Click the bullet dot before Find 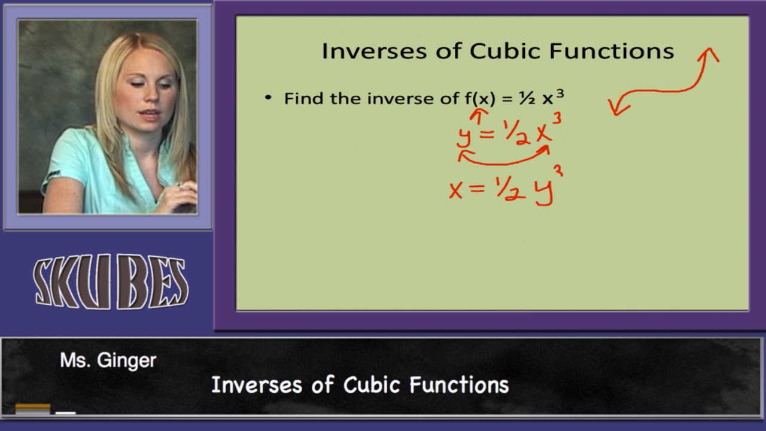coord(268,98)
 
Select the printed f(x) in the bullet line coord(480,98)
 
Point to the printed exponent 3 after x coord(560,93)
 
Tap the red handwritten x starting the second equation coord(456,190)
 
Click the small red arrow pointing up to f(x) coord(479,115)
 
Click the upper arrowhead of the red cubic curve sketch coord(710,55)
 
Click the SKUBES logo coord(111,283)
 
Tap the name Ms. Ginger coord(108,360)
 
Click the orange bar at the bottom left coord(33,409)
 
